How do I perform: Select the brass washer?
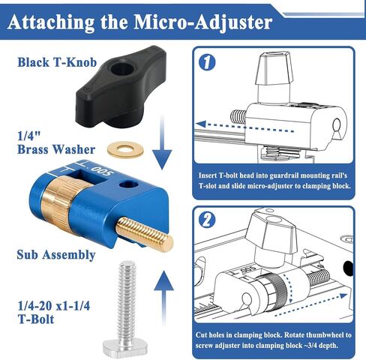[x=125, y=150]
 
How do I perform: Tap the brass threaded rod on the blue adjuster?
[x=145, y=235]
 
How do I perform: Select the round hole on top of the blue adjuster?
[x=129, y=185]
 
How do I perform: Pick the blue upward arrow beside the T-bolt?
[x=163, y=298]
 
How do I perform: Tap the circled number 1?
[x=207, y=62]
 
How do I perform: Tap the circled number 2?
[x=207, y=220]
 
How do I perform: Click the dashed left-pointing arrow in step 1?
[x=245, y=127]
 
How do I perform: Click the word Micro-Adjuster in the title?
[x=203, y=23]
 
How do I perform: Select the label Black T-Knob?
[x=57, y=62]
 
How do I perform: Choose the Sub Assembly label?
[x=56, y=255]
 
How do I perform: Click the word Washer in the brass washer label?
[x=74, y=149]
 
